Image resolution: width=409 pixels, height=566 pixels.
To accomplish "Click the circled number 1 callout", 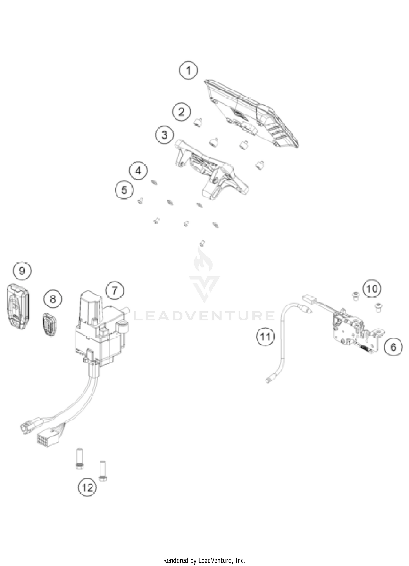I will [188, 71].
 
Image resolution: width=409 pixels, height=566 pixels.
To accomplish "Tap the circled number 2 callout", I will [181, 112].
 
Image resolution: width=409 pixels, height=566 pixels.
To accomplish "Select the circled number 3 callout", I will [164, 135].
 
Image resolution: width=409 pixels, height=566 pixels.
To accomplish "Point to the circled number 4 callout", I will [138, 171].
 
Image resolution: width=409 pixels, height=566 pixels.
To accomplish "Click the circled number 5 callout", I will [124, 190].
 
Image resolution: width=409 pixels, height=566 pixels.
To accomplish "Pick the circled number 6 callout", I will [393, 347].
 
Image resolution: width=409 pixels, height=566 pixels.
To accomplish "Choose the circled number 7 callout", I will [115, 290].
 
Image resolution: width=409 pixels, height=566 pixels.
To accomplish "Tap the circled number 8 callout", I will [53, 299].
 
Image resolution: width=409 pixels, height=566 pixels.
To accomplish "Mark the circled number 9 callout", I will [22, 271].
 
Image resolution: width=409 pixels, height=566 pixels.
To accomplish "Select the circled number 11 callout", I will [265, 337].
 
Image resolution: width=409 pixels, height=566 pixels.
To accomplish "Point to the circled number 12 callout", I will [88, 487].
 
